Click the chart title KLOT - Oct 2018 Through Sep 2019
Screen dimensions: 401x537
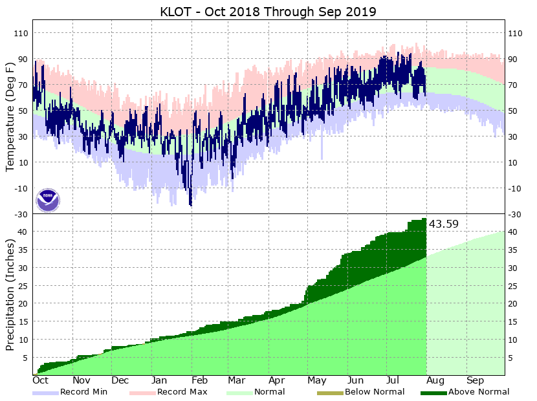268,12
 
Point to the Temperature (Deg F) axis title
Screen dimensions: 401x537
10,116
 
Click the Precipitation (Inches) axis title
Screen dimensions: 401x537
10,295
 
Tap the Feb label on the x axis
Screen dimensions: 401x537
199,381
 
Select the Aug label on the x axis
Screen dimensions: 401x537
435,381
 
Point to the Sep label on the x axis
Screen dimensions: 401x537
476,381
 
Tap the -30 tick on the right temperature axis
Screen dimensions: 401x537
515,214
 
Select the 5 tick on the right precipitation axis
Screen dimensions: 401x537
512,357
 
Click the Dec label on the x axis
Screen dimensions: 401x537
120,381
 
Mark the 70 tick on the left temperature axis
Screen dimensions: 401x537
23,85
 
